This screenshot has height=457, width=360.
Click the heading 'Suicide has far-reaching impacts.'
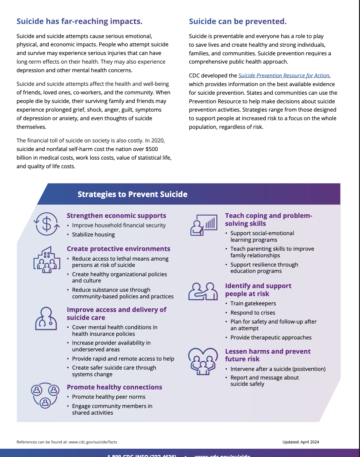[x=79, y=22]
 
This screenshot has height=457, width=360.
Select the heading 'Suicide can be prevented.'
[x=238, y=22]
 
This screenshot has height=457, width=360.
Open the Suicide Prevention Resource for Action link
[x=284, y=76]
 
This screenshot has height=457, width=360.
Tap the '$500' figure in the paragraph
[x=152, y=149]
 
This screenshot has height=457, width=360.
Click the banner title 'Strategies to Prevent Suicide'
[x=132, y=194]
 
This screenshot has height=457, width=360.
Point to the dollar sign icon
[x=47, y=224]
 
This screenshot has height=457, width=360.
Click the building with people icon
[x=47, y=260]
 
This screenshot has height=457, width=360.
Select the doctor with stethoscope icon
[x=46, y=319]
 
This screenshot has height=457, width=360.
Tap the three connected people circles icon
[x=45, y=395]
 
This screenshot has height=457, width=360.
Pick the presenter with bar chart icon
[x=203, y=225]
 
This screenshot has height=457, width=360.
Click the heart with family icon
[x=203, y=361]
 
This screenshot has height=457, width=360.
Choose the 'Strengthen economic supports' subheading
[x=116, y=216]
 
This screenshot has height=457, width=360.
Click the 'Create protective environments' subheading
[x=118, y=249]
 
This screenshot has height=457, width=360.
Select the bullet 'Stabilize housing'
[x=93, y=234]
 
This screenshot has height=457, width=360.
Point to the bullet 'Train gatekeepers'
[x=253, y=303]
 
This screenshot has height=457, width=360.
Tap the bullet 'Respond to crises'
[x=253, y=313]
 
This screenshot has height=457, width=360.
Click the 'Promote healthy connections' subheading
[x=114, y=387]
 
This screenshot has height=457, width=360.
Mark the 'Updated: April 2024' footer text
[x=301, y=442]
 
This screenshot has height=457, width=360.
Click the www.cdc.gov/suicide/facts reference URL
[x=93, y=442]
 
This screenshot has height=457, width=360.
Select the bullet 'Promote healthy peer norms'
[x=109, y=397]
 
